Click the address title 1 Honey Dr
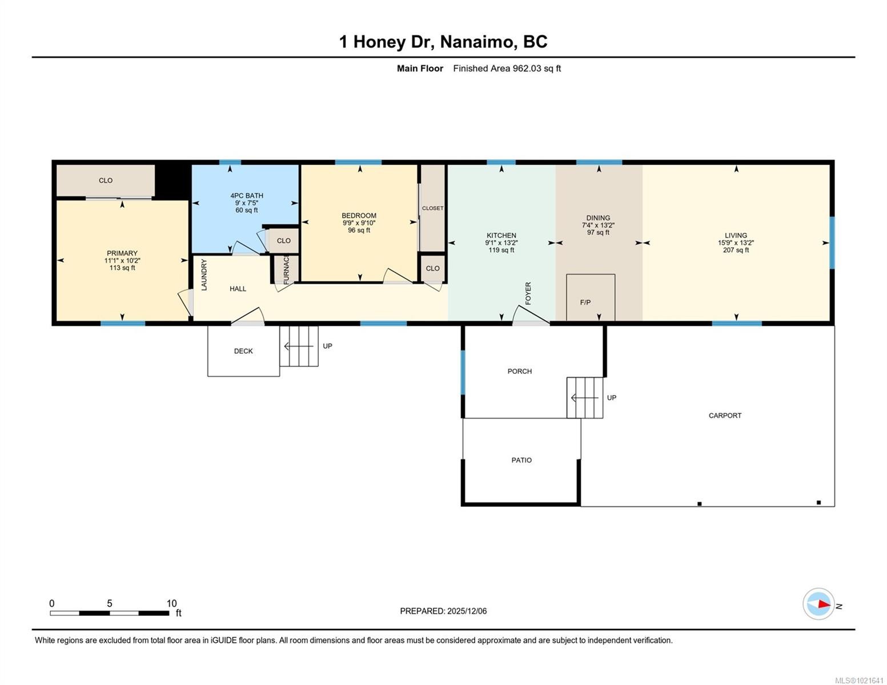(x=443, y=42)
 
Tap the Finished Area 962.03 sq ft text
(x=507, y=68)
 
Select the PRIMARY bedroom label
(x=122, y=253)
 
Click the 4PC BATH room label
(x=247, y=196)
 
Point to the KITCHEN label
(x=501, y=235)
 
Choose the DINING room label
(x=598, y=218)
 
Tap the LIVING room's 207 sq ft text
(x=736, y=250)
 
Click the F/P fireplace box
(x=591, y=297)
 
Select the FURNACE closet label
(x=286, y=269)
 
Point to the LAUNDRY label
(x=204, y=275)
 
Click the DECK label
(x=243, y=351)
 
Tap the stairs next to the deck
(x=299, y=346)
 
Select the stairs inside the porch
(x=585, y=397)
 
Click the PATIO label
(x=521, y=460)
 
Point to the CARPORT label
(x=725, y=416)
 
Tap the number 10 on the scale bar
(x=171, y=603)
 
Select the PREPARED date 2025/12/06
(x=443, y=611)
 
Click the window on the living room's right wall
(x=832, y=243)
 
